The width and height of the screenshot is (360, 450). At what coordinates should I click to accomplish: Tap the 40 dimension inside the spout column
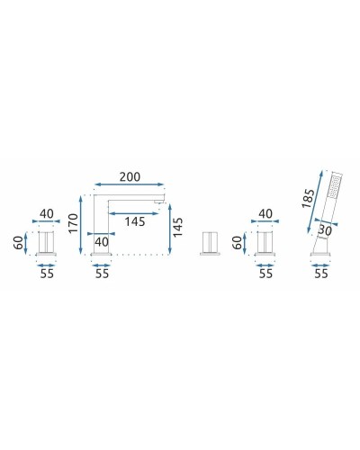click(x=102, y=241)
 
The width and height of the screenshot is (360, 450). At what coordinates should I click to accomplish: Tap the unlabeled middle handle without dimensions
click(x=211, y=242)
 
